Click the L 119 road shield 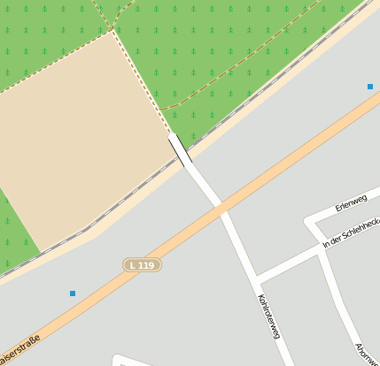click(x=142, y=264)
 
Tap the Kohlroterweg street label click(x=268, y=316)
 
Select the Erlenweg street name click(x=351, y=203)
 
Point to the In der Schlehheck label click(x=352, y=230)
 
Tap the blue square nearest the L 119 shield click(x=73, y=293)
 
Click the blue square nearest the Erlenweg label click(x=369, y=87)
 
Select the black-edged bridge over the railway click(x=180, y=149)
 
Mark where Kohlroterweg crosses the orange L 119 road click(x=218, y=208)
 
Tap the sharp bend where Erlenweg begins click(x=306, y=221)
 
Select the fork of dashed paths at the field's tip click(x=112, y=28)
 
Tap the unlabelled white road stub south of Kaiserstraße click(x=133, y=360)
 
